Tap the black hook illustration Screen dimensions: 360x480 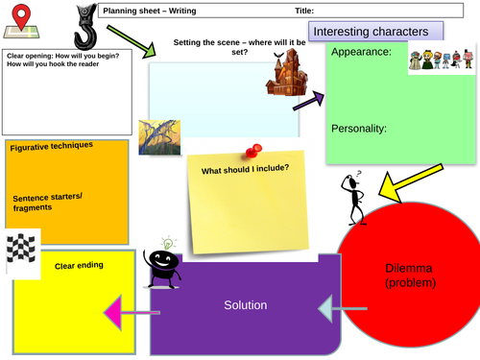tap(84, 25)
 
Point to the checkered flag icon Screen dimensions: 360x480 tap(21, 252)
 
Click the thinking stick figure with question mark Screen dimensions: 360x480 tap(353, 198)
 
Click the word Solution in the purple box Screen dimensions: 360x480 tap(245, 305)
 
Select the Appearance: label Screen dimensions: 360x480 tap(362, 53)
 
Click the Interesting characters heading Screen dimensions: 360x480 tap(371, 33)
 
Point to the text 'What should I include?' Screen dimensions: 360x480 tap(245, 171)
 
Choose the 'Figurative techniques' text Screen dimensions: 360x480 tap(52, 146)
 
